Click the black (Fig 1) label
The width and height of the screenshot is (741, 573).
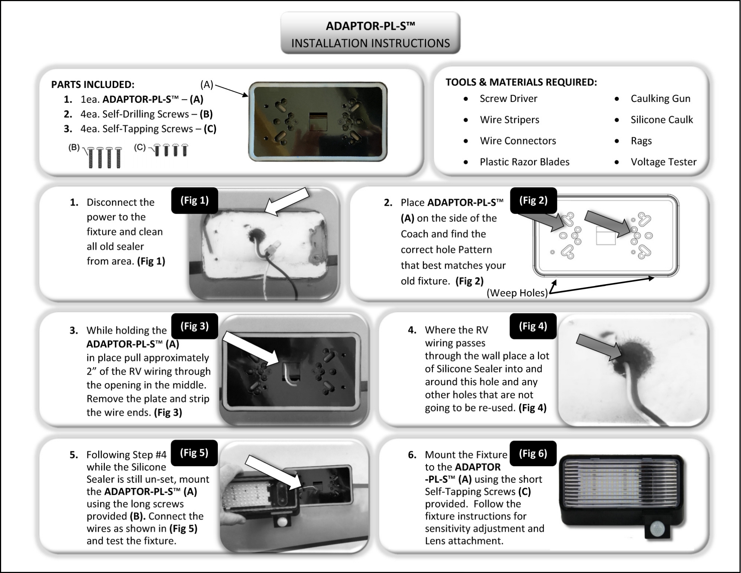click(x=195, y=201)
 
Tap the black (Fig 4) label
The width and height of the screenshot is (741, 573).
click(x=533, y=326)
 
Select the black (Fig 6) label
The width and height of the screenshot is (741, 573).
click(x=533, y=454)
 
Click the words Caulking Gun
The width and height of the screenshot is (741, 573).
click(x=660, y=99)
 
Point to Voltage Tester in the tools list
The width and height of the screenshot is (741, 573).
click(x=663, y=162)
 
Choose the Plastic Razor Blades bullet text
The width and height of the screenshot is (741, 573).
click(x=524, y=162)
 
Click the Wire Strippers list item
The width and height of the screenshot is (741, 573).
click(x=509, y=120)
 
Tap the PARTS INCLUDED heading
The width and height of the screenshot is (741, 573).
click(x=93, y=85)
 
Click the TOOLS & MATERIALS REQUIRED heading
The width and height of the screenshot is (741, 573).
click(x=521, y=82)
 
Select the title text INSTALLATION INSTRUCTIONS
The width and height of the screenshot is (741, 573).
click(x=370, y=43)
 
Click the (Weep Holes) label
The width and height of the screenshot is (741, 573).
click(x=517, y=293)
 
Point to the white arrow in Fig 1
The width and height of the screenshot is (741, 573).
click(x=287, y=201)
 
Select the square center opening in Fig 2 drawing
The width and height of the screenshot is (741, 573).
click(x=605, y=236)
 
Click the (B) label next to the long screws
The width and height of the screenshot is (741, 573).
click(x=74, y=147)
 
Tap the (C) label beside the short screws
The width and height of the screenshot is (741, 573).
click(x=140, y=147)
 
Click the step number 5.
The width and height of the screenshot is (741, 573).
click(x=73, y=455)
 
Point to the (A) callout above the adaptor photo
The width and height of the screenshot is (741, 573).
click(x=206, y=85)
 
